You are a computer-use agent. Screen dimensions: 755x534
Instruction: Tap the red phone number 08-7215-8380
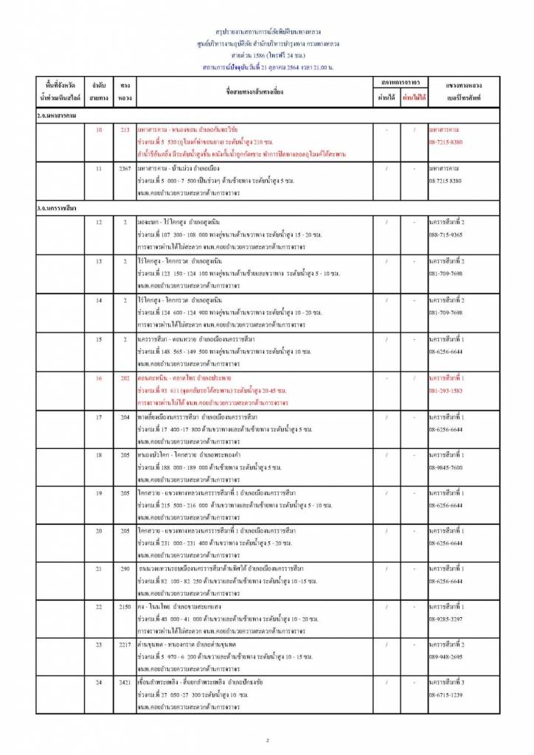[x=445, y=141]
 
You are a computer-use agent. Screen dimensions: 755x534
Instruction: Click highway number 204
[x=125, y=417]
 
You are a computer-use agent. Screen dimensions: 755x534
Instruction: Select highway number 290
[x=125, y=568]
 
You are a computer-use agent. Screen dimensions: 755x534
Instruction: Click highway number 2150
[x=125, y=606]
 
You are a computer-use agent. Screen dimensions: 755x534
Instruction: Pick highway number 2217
[x=125, y=644]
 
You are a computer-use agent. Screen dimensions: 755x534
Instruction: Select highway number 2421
[x=125, y=683]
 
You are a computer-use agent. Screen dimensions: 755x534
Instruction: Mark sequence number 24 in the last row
[x=99, y=683]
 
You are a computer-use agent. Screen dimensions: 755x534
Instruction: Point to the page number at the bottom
[x=268, y=740]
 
